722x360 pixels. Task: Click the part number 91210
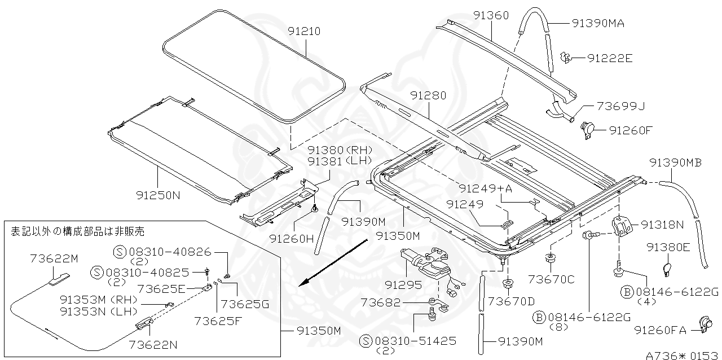point(303,32)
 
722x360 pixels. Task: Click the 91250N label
point(158,196)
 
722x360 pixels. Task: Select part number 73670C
point(551,279)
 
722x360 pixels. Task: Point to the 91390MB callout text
point(675,163)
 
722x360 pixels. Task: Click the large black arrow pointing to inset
point(333,262)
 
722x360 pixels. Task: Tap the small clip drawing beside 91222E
point(567,57)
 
